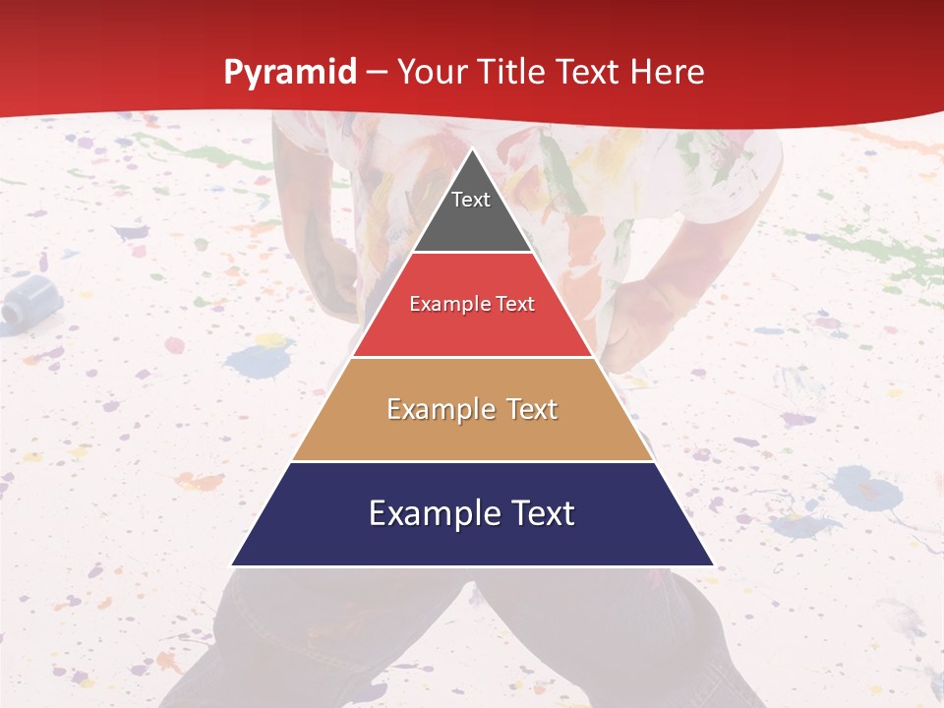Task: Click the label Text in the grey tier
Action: coord(471,200)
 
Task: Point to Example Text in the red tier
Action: coord(472,305)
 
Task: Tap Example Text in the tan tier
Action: coord(472,409)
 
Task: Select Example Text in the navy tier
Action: coord(472,513)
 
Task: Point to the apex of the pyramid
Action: coord(473,150)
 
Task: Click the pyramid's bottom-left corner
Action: coord(232,564)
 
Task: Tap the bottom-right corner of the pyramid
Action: coord(713,564)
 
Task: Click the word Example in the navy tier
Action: coord(429,514)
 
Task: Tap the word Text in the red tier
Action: coord(515,305)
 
